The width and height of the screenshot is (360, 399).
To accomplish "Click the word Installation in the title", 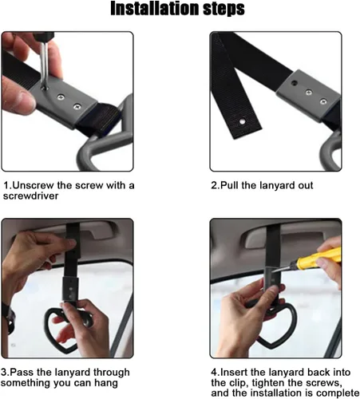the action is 155,8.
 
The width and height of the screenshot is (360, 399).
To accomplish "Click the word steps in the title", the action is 224,10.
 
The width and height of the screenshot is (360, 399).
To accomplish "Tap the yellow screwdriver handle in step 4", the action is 319,259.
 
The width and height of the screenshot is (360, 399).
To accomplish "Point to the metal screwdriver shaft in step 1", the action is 44,65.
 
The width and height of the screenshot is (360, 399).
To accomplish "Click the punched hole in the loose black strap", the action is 242,122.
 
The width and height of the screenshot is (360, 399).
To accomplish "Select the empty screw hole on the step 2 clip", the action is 294,83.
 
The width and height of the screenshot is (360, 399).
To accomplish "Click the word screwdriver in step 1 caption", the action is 30,196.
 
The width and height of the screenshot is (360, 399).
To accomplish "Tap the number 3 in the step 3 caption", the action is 4,372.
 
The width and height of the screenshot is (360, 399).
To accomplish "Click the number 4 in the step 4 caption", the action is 214,372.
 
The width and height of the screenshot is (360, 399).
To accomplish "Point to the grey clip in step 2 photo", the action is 308,97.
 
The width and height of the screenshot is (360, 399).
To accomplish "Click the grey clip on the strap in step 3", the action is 70,289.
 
